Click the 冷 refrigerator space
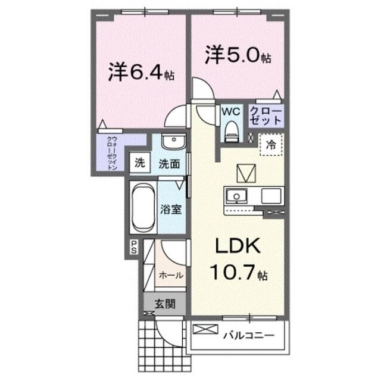271,144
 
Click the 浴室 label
171,210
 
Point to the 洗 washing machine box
139,163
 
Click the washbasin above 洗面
173,143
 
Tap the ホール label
171,275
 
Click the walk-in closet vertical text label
112,153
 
